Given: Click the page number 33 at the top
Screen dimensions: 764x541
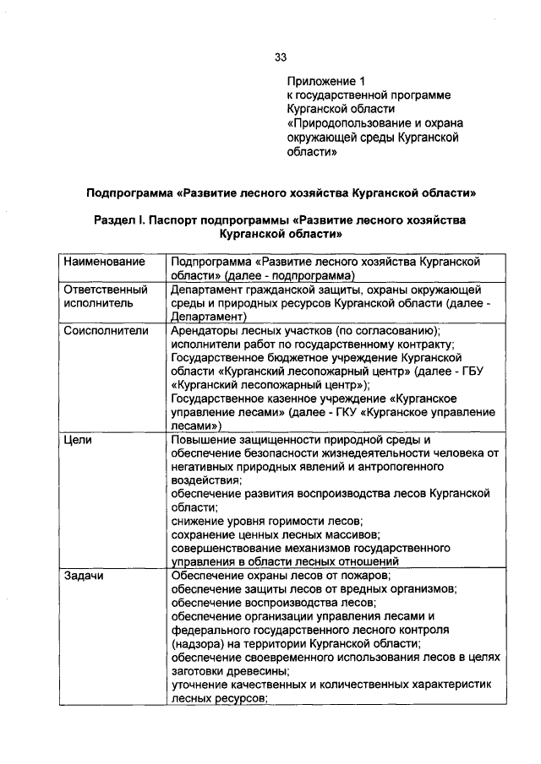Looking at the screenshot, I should click(281, 57).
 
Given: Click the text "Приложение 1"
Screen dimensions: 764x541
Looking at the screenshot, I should click(325, 82).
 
